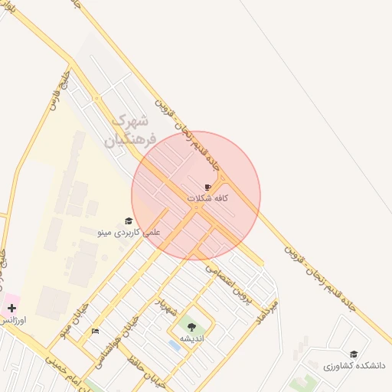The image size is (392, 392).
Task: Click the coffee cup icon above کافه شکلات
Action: click(207, 187)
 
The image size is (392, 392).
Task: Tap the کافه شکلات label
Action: click(208, 198)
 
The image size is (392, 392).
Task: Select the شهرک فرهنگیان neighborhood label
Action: click(133, 130)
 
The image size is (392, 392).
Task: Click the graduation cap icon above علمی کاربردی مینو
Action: click(129, 220)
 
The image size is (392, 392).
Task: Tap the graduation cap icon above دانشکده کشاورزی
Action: click(353, 354)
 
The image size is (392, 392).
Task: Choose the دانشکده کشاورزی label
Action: click(354, 366)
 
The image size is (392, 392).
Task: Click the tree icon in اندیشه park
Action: click(191, 327)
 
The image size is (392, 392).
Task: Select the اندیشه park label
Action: click(191, 338)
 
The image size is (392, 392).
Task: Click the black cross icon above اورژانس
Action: click(11, 308)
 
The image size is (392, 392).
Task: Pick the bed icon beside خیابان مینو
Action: click(95, 331)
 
